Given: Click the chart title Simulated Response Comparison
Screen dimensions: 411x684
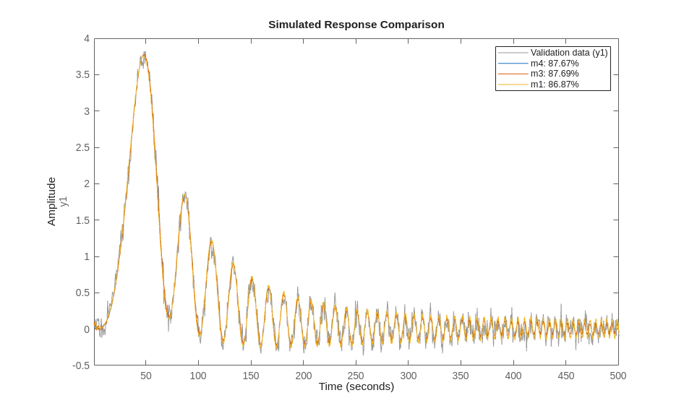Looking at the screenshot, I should (356, 25).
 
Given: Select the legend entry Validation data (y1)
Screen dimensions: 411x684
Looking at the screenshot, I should (568, 53).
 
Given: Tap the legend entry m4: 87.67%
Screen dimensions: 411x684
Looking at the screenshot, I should (554, 64).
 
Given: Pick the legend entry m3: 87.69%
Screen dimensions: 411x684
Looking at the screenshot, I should (554, 74).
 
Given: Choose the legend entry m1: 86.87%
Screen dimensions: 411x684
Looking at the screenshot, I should (554, 85).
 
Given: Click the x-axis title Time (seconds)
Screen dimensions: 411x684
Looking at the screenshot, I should (356, 386).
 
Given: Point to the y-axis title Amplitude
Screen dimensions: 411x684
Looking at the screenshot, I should (51, 202).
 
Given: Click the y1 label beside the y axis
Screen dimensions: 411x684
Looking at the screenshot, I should (64, 202).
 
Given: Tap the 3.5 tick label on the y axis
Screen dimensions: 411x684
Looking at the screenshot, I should (82, 74).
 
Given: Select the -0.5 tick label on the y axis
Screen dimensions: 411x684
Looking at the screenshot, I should (80, 365).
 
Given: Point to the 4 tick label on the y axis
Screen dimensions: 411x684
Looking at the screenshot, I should (87, 38).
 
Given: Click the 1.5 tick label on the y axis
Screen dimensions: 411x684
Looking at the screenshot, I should (82, 220).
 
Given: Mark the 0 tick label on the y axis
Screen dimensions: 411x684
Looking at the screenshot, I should (87, 329).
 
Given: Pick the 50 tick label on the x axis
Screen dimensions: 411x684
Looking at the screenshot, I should (146, 376).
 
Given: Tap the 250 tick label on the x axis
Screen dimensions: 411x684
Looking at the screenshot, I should (356, 376).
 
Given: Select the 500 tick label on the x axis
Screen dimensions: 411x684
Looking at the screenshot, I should (617, 376).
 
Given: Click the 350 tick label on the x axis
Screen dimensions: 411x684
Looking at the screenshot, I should (461, 376).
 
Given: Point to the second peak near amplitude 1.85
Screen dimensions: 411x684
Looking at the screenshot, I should (185, 194).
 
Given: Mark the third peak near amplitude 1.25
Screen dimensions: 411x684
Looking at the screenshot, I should (211, 239).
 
